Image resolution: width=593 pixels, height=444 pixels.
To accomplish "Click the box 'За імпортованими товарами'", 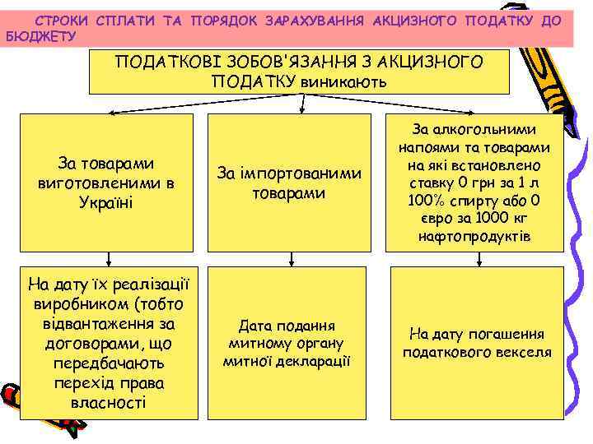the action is (289, 183).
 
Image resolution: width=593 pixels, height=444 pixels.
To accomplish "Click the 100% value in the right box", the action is (427, 201).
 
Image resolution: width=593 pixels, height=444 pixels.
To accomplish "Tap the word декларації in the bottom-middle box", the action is (317, 360).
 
